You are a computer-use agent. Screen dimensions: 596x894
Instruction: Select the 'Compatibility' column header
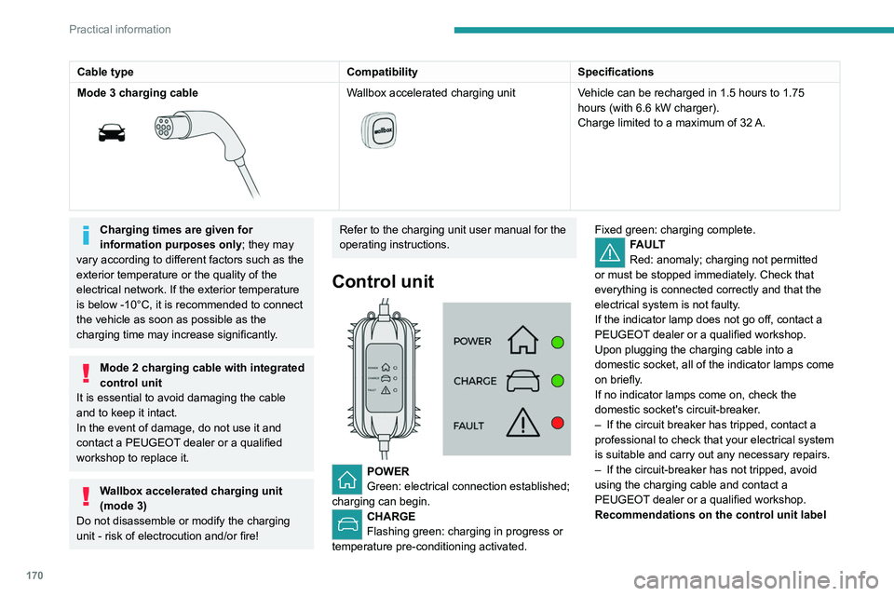(x=382, y=72)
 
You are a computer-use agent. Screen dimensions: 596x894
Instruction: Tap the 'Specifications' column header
(x=616, y=72)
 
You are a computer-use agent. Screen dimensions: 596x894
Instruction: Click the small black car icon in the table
(x=113, y=132)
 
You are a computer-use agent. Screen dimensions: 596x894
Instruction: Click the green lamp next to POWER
(x=558, y=342)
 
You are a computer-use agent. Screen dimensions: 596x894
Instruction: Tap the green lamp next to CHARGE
(x=558, y=381)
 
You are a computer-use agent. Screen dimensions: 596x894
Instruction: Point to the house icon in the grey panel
(x=523, y=342)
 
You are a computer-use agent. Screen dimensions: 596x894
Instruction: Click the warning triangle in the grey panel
(x=523, y=424)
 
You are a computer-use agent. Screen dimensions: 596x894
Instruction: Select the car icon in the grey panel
(x=523, y=382)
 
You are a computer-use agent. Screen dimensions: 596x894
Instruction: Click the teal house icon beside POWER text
(x=347, y=479)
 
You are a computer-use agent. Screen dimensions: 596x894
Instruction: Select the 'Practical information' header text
(x=120, y=29)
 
